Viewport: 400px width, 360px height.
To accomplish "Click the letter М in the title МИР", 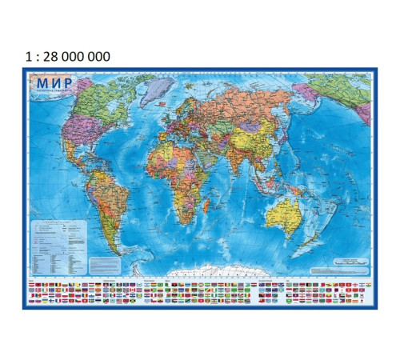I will [40, 83].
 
